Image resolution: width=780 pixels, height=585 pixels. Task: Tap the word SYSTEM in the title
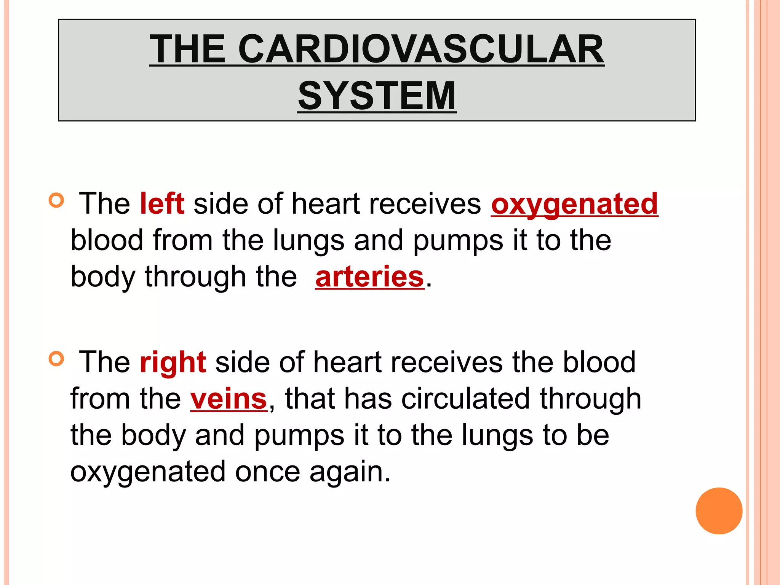[x=377, y=96]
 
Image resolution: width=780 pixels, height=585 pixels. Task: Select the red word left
[x=162, y=203]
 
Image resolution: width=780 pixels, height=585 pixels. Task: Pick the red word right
[x=173, y=362]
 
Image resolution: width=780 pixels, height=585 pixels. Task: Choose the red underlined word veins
[x=229, y=399]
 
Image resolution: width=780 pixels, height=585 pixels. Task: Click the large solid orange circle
[x=719, y=511]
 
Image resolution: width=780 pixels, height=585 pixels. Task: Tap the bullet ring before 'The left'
[x=56, y=200]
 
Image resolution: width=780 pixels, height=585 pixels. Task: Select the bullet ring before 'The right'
[x=56, y=359]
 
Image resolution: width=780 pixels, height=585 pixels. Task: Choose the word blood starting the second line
[x=107, y=240]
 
